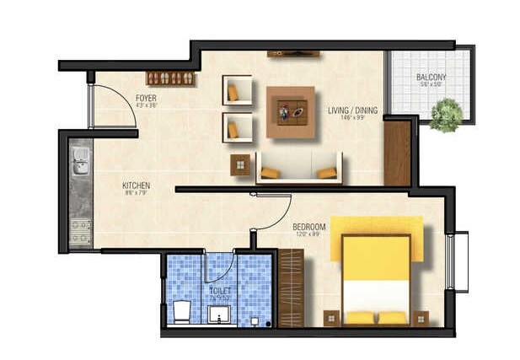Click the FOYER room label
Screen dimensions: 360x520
(x=146, y=100)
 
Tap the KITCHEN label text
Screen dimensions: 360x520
(x=136, y=186)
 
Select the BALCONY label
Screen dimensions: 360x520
(x=431, y=78)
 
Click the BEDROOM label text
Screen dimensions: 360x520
(x=308, y=228)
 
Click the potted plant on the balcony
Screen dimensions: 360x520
(x=446, y=115)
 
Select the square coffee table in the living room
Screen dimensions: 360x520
(x=291, y=111)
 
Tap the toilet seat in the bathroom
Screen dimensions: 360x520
(x=180, y=312)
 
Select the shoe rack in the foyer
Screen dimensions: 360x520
(x=171, y=78)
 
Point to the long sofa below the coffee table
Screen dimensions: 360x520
(x=299, y=167)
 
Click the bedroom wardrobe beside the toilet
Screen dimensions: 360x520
(x=291, y=289)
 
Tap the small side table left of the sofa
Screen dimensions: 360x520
(x=240, y=164)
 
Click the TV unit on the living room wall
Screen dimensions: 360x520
(x=292, y=54)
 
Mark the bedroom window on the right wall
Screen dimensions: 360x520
(x=461, y=261)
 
